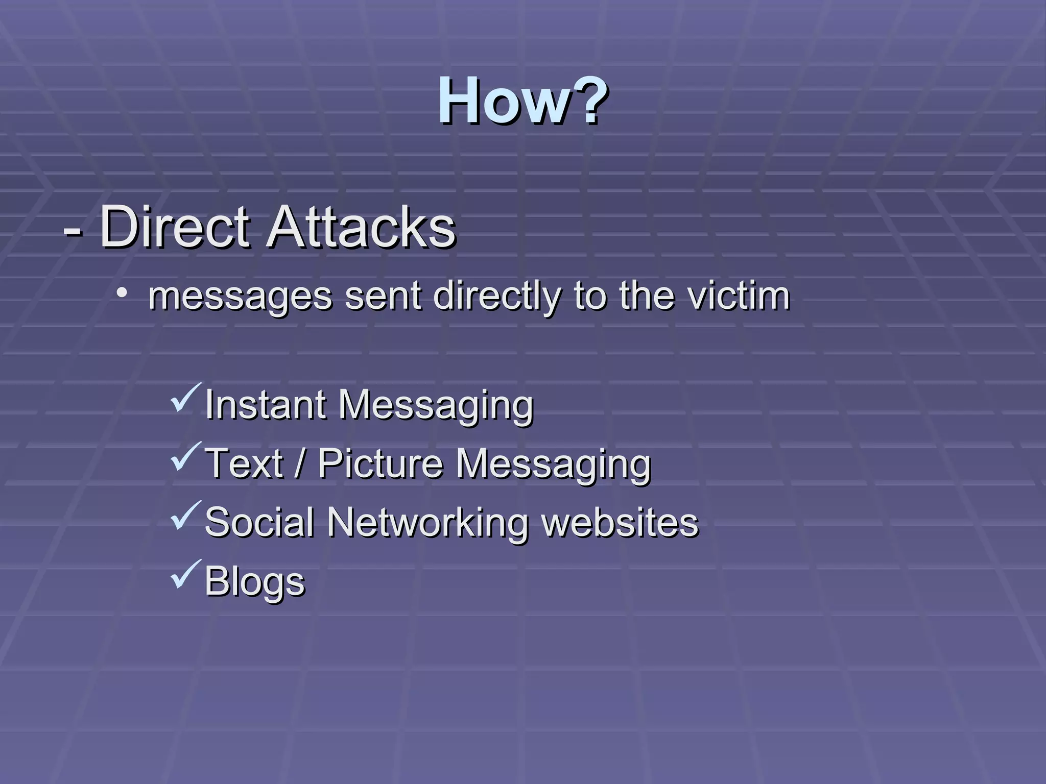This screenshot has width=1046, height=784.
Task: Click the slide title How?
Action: [522, 100]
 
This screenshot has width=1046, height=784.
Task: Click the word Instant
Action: [265, 405]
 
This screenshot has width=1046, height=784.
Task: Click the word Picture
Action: [381, 463]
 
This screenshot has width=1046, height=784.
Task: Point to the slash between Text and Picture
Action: [300, 463]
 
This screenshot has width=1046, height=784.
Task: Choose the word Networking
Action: [428, 523]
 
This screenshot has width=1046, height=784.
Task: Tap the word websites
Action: [620, 522]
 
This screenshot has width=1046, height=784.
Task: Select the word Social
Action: [259, 522]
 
